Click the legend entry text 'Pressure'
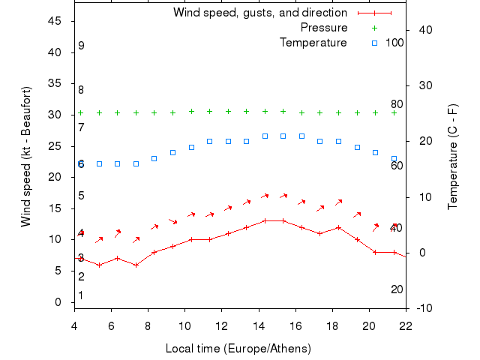tap(324, 28)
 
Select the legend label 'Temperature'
tap(313, 43)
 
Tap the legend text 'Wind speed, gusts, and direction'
tap(260, 13)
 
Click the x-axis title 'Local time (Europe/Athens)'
tap(238, 349)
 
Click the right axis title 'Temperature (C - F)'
tap(452, 157)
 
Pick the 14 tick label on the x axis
tap(259, 326)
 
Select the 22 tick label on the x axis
tap(406, 326)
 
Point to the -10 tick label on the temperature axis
tap(422, 308)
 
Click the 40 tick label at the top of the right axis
tap(422, 30)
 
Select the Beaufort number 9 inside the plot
tap(81, 46)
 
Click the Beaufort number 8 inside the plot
tap(81, 90)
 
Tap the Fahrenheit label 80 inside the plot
tap(397, 104)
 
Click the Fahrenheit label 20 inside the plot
tap(397, 289)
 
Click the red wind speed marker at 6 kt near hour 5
tap(99, 265)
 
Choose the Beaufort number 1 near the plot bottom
tap(81, 295)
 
